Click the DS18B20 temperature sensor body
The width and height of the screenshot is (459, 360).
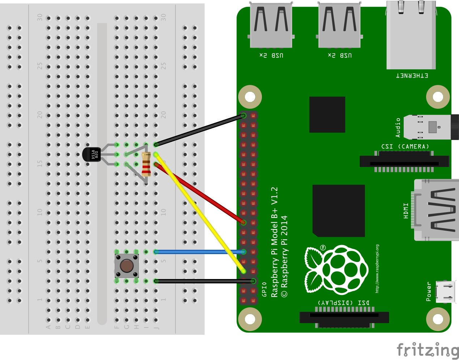click(91, 155)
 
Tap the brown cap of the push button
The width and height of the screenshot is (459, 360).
click(127, 266)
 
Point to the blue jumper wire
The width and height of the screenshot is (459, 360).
click(199, 252)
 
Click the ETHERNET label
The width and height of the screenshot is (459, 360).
click(412, 76)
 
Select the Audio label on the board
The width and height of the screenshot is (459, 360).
click(398, 127)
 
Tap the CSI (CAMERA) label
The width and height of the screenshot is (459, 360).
click(405, 146)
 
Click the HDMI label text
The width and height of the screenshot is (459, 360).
click(406, 210)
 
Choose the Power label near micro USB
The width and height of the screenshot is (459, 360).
click(429, 291)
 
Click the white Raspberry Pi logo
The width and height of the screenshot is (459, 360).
click(337, 269)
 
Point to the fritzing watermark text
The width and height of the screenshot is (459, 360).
click(428, 350)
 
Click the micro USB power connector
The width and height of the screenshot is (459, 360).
click(446, 291)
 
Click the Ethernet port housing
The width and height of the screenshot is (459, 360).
click(411, 36)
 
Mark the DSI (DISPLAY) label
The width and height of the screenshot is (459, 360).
click(344, 303)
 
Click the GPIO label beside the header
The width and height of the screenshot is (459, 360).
click(264, 289)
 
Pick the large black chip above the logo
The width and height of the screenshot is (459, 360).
click(339, 211)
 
